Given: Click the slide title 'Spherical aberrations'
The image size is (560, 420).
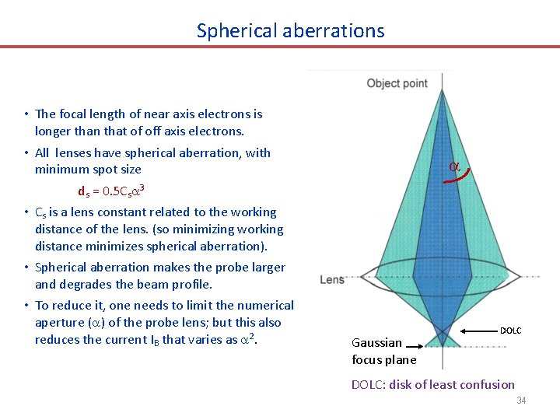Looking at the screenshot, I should click(x=290, y=30).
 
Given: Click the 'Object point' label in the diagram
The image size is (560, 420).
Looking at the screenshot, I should click(x=397, y=83).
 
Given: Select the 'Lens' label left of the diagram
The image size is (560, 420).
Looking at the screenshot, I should click(x=332, y=279).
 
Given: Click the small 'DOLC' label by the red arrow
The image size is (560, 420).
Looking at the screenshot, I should click(x=510, y=331).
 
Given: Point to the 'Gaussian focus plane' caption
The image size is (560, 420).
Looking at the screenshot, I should click(x=384, y=351).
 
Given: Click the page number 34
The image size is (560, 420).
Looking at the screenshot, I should click(x=521, y=401).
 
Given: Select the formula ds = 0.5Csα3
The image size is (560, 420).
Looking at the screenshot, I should click(x=112, y=191).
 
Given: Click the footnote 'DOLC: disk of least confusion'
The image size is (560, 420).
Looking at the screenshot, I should click(x=432, y=384).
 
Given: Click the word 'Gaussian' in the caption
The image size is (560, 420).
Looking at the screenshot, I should click(x=377, y=342).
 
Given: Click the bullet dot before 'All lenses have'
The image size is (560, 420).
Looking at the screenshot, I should click(x=26, y=153).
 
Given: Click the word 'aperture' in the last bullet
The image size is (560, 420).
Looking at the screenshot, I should click(x=60, y=323).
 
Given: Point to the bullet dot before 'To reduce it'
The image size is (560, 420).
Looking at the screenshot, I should click(x=26, y=306).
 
